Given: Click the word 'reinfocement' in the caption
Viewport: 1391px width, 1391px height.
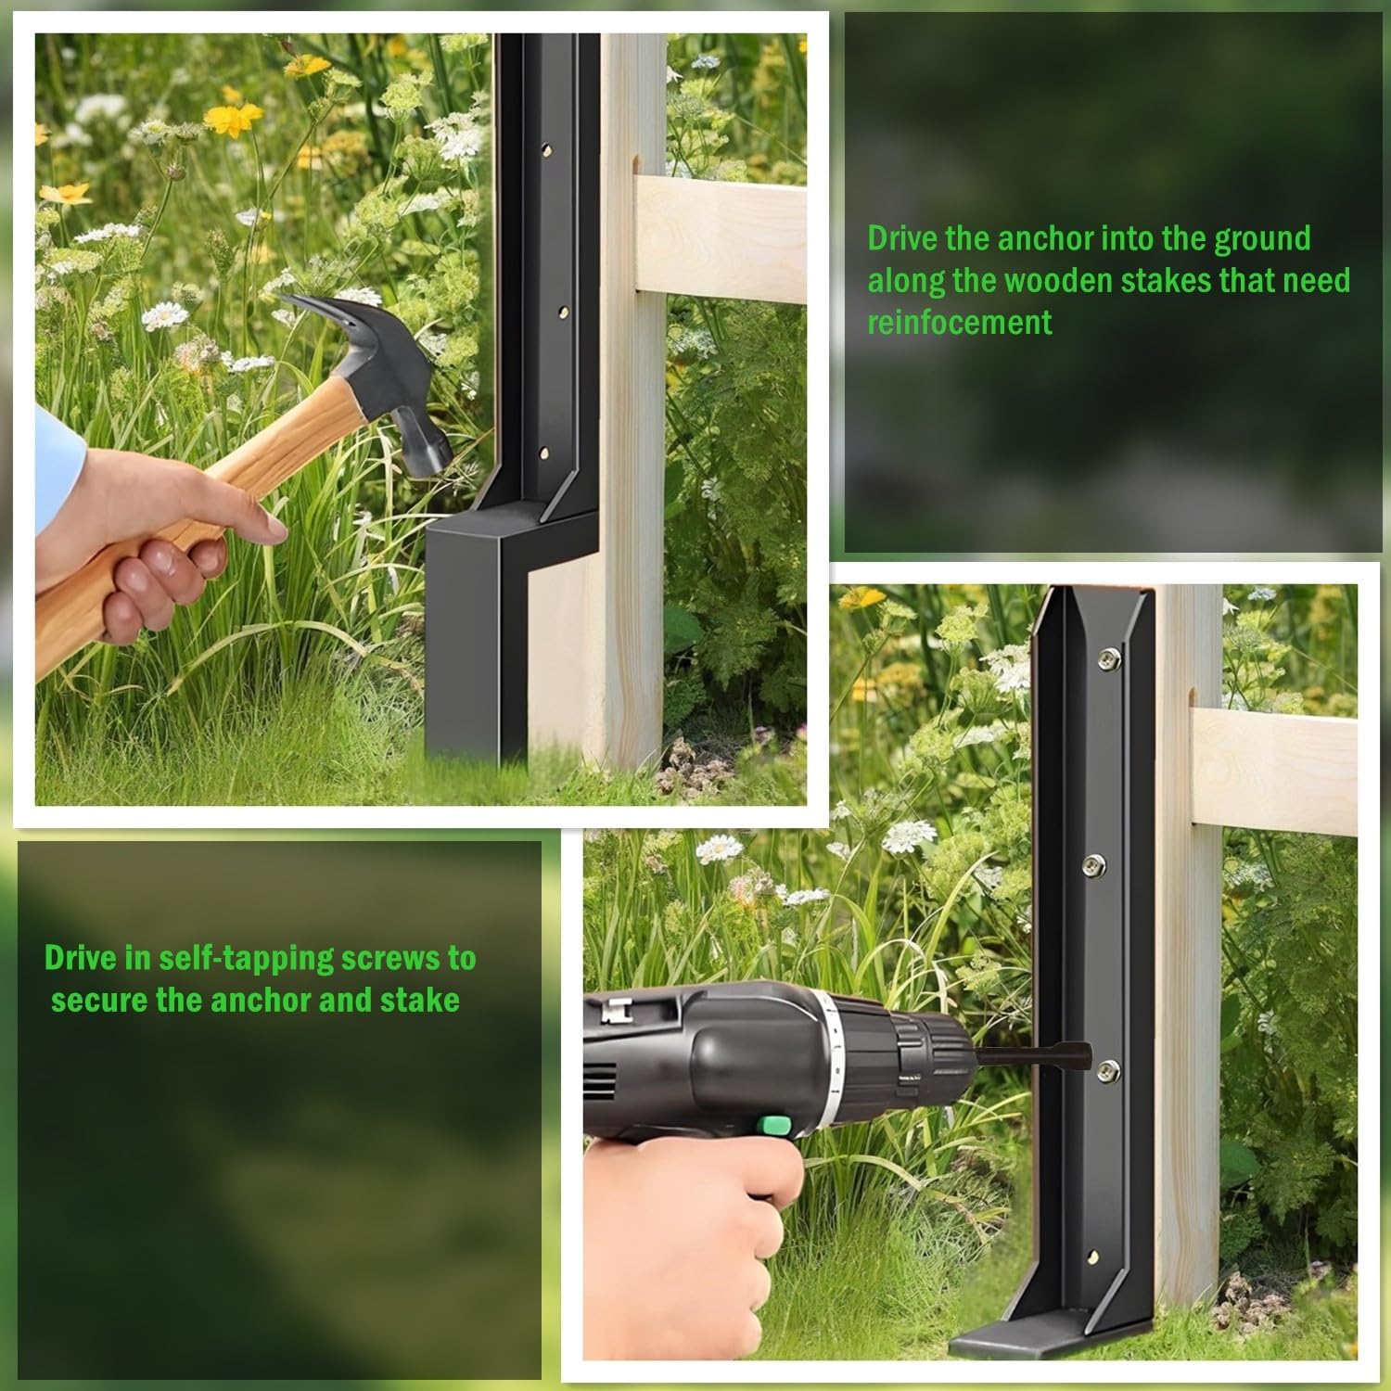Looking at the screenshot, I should tap(960, 322).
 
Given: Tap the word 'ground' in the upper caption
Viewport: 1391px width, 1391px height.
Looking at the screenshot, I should tap(1262, 239).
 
